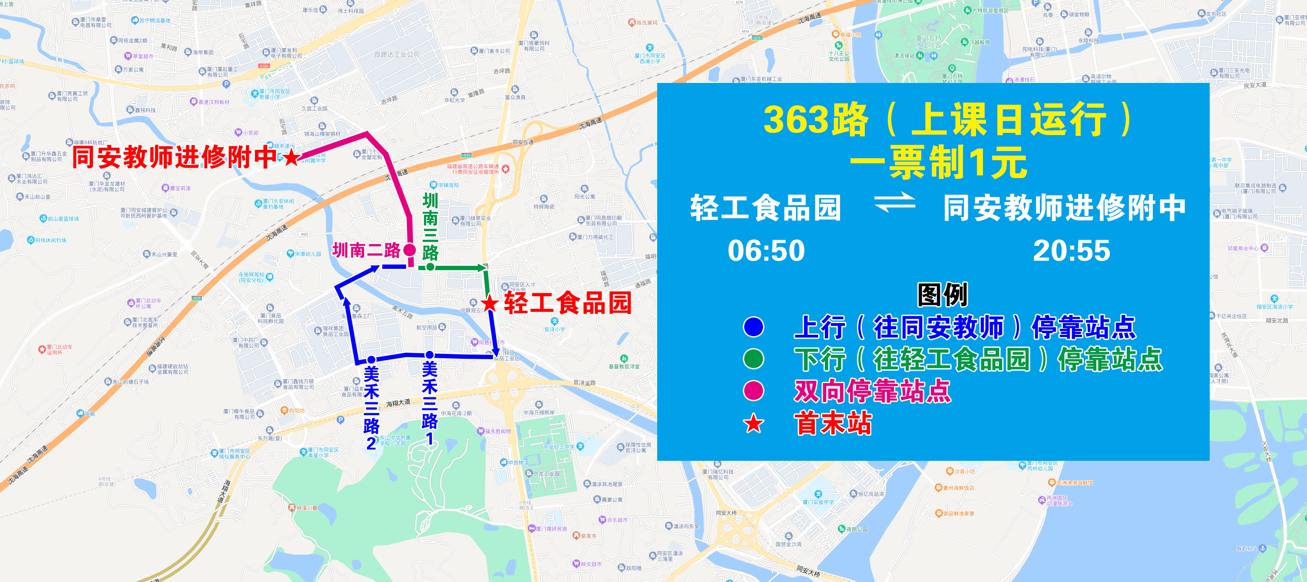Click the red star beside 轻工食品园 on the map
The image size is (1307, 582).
coord(490,304)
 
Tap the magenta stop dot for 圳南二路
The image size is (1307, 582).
coord(410,250)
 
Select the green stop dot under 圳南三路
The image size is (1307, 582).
coord(430,267)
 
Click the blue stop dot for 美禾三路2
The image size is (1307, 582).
coord(371,360)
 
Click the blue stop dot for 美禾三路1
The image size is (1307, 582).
coord(430,355)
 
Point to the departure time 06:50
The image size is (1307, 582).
coord(766,251)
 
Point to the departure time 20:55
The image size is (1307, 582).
coord(1072,251)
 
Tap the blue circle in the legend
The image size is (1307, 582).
coord(754,327)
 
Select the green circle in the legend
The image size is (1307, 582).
coord(754,359)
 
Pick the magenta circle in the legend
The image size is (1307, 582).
coord(754,391)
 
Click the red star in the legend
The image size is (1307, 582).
coord(754,423)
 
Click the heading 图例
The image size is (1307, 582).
coord(942,295)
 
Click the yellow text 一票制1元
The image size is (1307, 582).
coord(938,162)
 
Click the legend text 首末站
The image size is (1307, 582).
coord(833,423)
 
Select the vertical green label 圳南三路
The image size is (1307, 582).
coord(430,226)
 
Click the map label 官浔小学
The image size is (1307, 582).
coord(555,329)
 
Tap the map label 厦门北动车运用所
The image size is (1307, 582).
coord(60,350)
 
